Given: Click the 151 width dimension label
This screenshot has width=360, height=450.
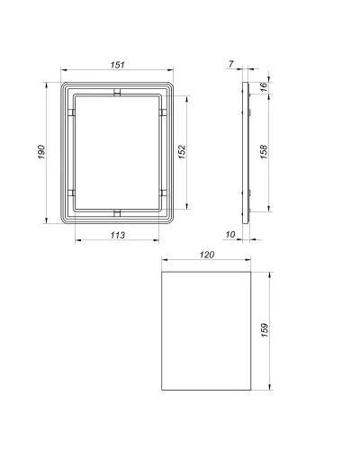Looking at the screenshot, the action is (x=117, y=65).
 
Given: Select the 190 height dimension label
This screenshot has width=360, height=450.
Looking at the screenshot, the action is (x=41, y=152).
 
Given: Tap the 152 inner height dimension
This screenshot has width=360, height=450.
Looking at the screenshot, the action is (x=182, y=152).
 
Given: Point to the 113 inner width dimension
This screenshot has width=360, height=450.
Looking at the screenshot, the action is (x=117, y=235).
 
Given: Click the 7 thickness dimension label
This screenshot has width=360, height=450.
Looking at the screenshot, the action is (x=230, y=64).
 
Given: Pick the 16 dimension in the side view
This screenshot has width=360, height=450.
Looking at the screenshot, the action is (x=264, y=87).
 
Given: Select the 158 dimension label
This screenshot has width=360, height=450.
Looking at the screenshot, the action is (x=264, y=152).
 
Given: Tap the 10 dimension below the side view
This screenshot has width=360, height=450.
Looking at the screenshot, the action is (x=230, y=235).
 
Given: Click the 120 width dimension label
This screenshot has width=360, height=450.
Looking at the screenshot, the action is (x=207, y=255).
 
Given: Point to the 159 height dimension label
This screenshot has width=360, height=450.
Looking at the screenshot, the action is (x=265, y=330).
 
